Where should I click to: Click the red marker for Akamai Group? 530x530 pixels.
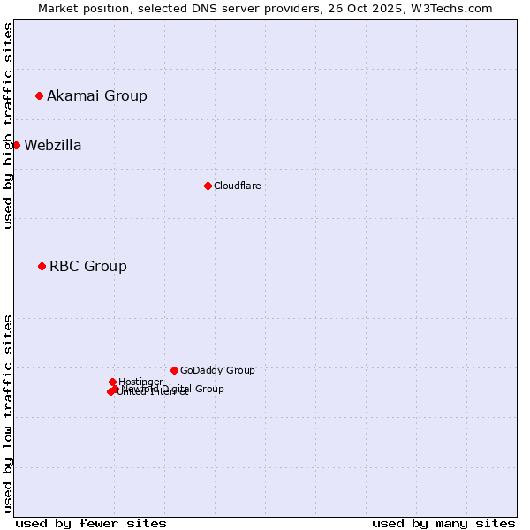point(39,95)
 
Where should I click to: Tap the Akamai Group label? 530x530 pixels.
point(97,96)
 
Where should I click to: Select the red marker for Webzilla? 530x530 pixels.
point(16,145)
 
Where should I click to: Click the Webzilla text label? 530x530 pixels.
point(53,146)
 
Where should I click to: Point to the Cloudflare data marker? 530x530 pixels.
point(208,185)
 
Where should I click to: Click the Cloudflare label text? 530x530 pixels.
point(237,185)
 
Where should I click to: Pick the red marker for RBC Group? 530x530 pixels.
point(42,266)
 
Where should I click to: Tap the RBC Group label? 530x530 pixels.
point(88,267)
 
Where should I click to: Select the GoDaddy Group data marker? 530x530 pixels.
point(174,370)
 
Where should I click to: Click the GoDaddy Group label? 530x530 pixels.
point(217,371)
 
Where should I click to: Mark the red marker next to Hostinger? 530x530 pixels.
point(112,382)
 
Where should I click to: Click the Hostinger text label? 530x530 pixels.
point(140,382)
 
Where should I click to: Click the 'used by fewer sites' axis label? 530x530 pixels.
point(91,523)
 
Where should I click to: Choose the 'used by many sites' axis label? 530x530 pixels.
point(443,523)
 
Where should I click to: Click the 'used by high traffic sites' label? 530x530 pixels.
point(8,126)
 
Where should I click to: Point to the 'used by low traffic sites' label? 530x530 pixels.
point(8,413)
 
